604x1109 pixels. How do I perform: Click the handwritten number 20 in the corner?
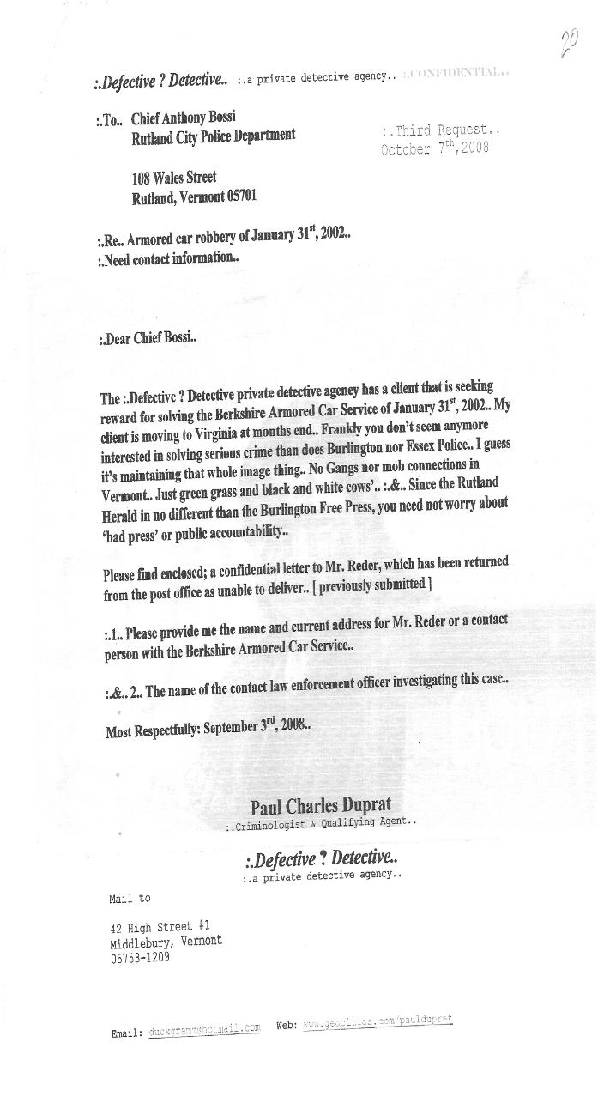pyautogui.click(x=569, y=42)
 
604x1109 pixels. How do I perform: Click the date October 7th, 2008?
pyautogui.click(x=434, y=148)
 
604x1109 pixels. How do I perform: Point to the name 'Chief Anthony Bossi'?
pyautogui.click(x=183, y=118)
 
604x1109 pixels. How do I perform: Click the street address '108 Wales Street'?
pyautogui.click(x=173, y=179)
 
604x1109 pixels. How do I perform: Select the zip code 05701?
pyautogui.click(x=240, y=197)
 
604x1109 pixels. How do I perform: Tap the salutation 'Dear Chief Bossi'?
pyautogui.click(x=148, y=337)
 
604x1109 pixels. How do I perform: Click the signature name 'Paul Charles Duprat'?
pyautogui.click(x=321, y=806)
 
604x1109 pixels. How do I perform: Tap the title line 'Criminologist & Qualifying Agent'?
pyautogui.click(x=321, y=824)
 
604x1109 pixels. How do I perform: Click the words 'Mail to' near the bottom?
pyautogui.click(x=130, y=899)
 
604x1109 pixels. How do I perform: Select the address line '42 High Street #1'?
pyautogui.click(x=160, y=927)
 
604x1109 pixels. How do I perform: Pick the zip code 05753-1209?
pyautogui.click(x=140, y=958)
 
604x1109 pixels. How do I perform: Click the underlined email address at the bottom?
pyautogui.click(x=204, y=1030)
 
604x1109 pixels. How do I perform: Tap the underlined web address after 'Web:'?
pyautogui.click(x=377, y=1022)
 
